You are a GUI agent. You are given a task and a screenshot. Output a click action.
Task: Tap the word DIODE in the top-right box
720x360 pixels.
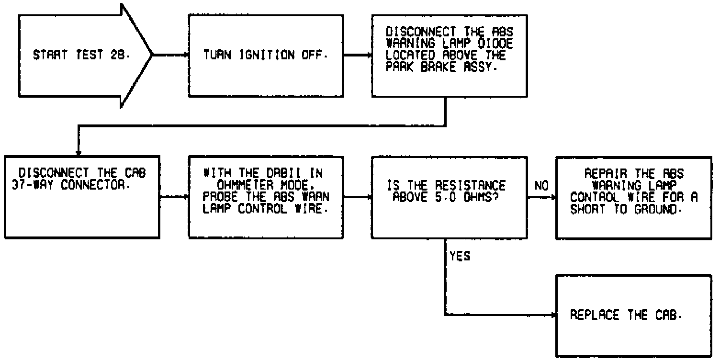pos(488,43)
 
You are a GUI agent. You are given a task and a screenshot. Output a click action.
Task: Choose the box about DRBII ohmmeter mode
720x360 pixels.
pos(266,196)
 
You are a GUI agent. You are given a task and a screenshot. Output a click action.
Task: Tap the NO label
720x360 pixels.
pos(541,185)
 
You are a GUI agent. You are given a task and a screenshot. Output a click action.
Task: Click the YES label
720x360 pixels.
pos(460,257)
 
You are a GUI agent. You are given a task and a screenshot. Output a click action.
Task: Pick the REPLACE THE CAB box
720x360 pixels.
pos(633,315)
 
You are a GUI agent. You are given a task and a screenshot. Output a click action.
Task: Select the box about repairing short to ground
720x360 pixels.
pos(633,196)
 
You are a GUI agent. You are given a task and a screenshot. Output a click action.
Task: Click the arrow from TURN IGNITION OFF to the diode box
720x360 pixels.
pos(357,55)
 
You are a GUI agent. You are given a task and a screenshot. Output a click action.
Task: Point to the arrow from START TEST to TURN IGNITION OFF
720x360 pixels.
pos(170,55)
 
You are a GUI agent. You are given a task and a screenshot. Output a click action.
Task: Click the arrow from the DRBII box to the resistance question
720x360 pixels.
pos(357,196)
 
